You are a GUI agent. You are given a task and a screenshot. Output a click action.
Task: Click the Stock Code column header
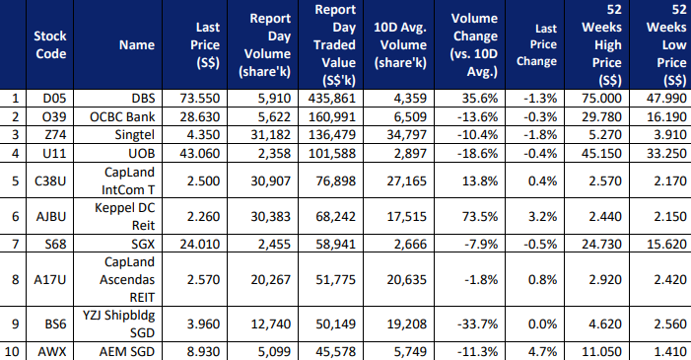[50, 44]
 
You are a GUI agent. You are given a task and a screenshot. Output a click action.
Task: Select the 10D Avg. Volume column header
[400, 45]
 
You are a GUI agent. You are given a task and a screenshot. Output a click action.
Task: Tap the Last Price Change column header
[537, 45]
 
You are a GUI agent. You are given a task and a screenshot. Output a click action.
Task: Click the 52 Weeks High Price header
[601, 45]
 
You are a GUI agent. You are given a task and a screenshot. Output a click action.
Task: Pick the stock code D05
[54, 98]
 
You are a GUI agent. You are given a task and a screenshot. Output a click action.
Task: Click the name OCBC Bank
[122, 117]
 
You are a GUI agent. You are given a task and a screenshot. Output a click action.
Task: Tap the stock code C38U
[50, 180]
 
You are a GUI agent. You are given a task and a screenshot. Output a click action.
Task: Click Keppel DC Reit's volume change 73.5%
[479, 217]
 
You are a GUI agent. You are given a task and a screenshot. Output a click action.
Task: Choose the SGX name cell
[143, 244]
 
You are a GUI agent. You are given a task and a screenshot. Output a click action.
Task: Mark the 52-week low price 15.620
[666, 244]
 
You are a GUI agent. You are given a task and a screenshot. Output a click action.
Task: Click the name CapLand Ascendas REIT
[127, 280]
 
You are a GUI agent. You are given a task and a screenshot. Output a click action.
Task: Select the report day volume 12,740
[270, 324]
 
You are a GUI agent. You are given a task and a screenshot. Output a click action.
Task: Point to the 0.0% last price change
[542, 324]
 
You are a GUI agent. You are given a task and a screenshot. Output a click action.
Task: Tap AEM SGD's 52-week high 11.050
[601, 352]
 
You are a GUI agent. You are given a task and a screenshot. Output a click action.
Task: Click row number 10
[12, 352]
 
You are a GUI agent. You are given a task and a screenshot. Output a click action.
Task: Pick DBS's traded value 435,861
[332, 98]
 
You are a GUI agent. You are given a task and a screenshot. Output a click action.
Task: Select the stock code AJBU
[51, 217]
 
